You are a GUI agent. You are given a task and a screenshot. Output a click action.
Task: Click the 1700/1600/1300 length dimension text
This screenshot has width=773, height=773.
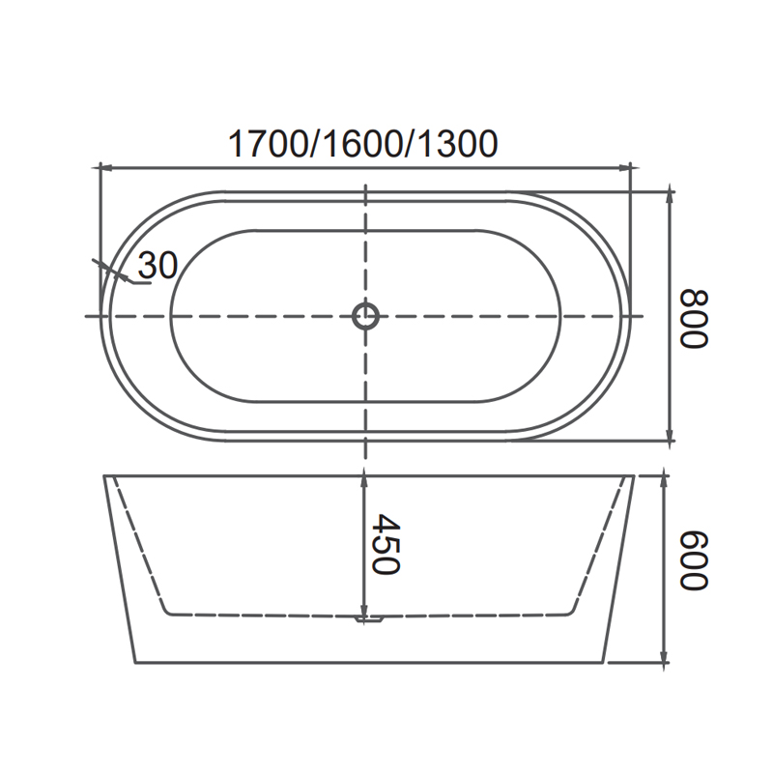click(x=363, y=144)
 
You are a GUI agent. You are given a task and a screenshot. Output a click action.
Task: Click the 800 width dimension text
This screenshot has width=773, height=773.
click(x=694, y=319)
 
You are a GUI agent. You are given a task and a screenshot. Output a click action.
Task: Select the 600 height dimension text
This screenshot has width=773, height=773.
click(x=694, y=560)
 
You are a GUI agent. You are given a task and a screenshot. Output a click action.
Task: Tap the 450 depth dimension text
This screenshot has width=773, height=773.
click(x=386, y=544)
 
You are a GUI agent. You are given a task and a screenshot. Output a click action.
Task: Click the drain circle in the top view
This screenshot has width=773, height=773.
click(x=365, y=316)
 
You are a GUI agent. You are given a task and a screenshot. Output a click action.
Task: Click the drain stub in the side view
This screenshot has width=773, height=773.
click(x=370, y=618)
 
